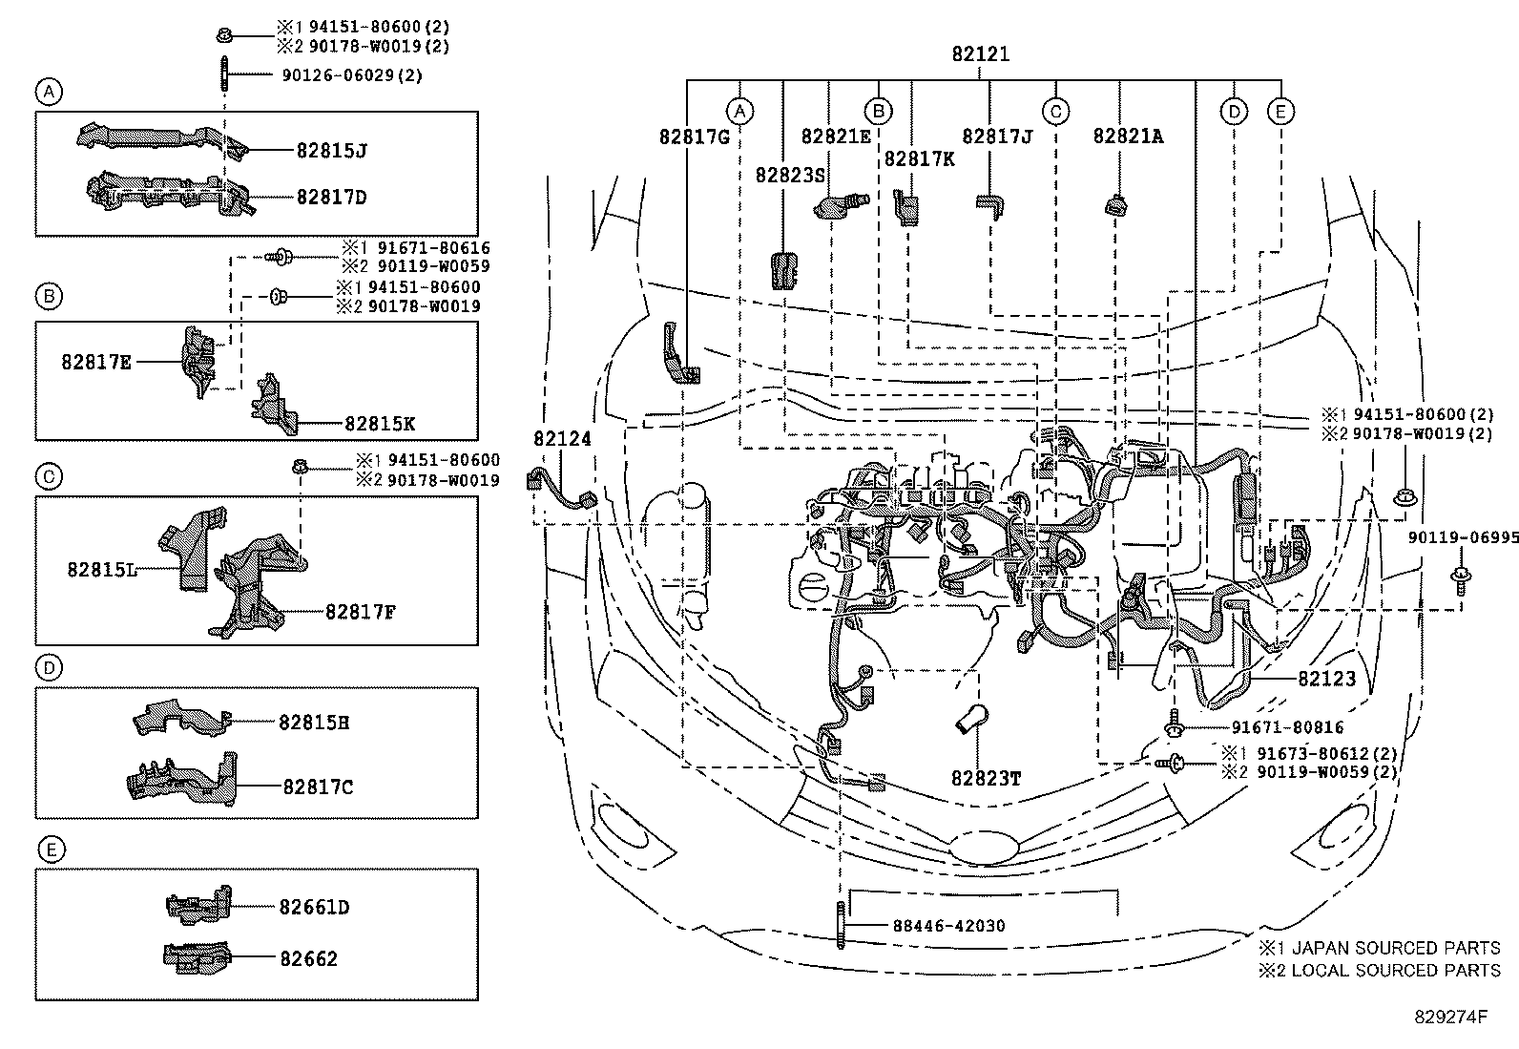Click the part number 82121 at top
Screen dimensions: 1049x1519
[x=980, y=55]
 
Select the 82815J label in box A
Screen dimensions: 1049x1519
[x=331, y=151]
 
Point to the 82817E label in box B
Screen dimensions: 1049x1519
[x=96, y=363]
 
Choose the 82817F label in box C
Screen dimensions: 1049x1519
[x=360, y=612]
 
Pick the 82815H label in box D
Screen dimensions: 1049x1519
[x=314, y=723]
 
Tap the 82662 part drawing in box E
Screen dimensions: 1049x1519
[x=198, y=957]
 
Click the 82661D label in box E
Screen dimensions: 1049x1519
[x=314, y=907]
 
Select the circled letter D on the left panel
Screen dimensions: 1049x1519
[x=49, y=667]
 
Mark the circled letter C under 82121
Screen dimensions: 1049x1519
[x=1054, y=112]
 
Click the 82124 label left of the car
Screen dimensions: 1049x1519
[x=562, y=439]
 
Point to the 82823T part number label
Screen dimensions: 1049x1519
[x=985, y=779]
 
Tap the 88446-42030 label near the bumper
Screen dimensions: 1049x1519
[x=949, y=926]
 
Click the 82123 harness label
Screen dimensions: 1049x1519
[x=1326, y=680]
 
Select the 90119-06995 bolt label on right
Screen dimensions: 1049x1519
[x=1463, y=538]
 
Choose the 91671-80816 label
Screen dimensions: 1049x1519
[x=1286, y=728]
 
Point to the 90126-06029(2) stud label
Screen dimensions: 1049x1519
[x=352, y=75]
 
